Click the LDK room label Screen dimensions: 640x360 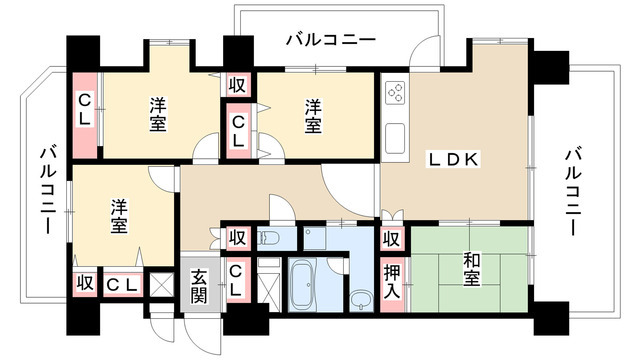pyautogui.click(x=453, y=160)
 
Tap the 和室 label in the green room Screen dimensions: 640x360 pyautogui.click(x=471, y=269)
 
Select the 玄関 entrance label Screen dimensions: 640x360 pyautogui.click(x=199, y=285)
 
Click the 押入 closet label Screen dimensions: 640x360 pyautogui.click(x=392, y=282)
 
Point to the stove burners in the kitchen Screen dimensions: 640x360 pyautogui.click(x=396, y=92)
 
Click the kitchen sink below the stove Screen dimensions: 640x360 pyautogui.click(x=395, y=138)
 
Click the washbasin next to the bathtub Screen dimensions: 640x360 pyautogui.click(x=361, y=300)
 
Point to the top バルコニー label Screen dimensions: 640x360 pyautogui.click(x=331, y=40)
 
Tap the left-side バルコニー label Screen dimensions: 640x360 pyautogui.click(x=48, y=190)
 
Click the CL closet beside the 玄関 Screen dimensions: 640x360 pyautogui.click(x=238, y=280)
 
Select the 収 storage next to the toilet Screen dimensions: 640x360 pyautogui.click(x=237, y=237)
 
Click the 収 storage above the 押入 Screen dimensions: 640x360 pyautogui.click(x=392, y=239)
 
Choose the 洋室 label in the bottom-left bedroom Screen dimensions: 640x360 pyautogui.click(x=119, y=216)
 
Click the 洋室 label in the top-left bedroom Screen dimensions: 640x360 pyautogui.click(x=158, y=115)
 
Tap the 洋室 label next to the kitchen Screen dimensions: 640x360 pyautogui.click(x=313, y=116)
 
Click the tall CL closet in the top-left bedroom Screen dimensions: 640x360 pyautogui.click(x=85, y=116)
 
